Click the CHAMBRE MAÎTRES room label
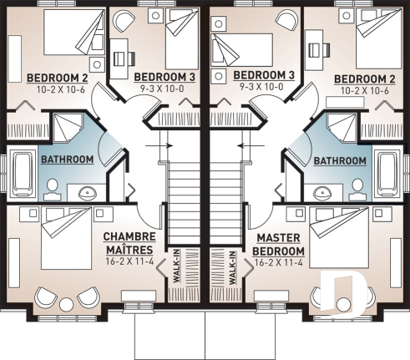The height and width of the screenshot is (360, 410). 129,243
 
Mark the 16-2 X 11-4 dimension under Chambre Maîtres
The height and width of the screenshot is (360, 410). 129,261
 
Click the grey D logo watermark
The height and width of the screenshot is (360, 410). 343,293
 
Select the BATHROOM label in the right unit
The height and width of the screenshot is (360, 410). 340,160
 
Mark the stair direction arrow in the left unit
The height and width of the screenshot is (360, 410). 156,147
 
